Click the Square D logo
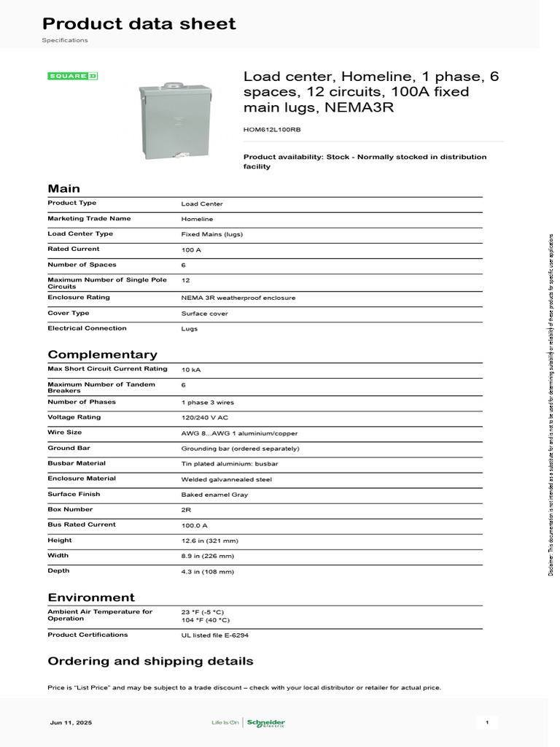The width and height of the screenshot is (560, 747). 72,76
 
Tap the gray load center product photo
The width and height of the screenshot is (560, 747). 174,120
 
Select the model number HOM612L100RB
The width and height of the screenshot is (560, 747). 271,129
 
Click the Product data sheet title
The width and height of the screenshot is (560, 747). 139,24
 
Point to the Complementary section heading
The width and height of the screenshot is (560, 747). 102,355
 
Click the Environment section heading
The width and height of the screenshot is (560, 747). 91,597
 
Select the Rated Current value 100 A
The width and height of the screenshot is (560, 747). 192,249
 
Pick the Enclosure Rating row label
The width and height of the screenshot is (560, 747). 79,298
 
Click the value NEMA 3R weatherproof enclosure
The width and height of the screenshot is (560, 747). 238,298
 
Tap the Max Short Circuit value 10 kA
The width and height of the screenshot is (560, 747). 191,370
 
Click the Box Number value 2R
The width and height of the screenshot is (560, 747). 187,510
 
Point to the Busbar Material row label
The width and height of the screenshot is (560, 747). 77,463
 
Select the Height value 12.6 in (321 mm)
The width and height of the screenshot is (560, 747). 210,541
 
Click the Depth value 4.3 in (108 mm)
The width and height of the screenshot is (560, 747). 208,572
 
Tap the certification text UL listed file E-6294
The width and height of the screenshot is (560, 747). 215,635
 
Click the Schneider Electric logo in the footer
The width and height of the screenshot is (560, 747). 265,723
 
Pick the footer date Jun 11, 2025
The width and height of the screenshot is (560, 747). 71,723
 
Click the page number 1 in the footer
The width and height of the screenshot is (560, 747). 487,723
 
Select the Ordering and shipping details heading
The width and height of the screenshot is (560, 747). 150,662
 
